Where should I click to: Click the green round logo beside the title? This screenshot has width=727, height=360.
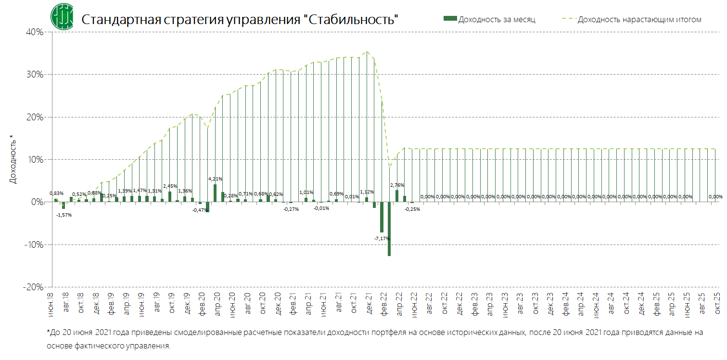(62, 16)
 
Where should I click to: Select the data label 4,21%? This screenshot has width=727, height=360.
(215, 179)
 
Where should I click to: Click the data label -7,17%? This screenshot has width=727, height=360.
(382, 238)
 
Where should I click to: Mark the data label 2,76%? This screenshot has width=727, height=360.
(397, 185)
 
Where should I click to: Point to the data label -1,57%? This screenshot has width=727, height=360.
(64, 215)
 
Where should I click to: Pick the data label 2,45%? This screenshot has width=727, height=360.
(170, 186)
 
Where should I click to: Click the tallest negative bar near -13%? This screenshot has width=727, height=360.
(389, 229)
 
